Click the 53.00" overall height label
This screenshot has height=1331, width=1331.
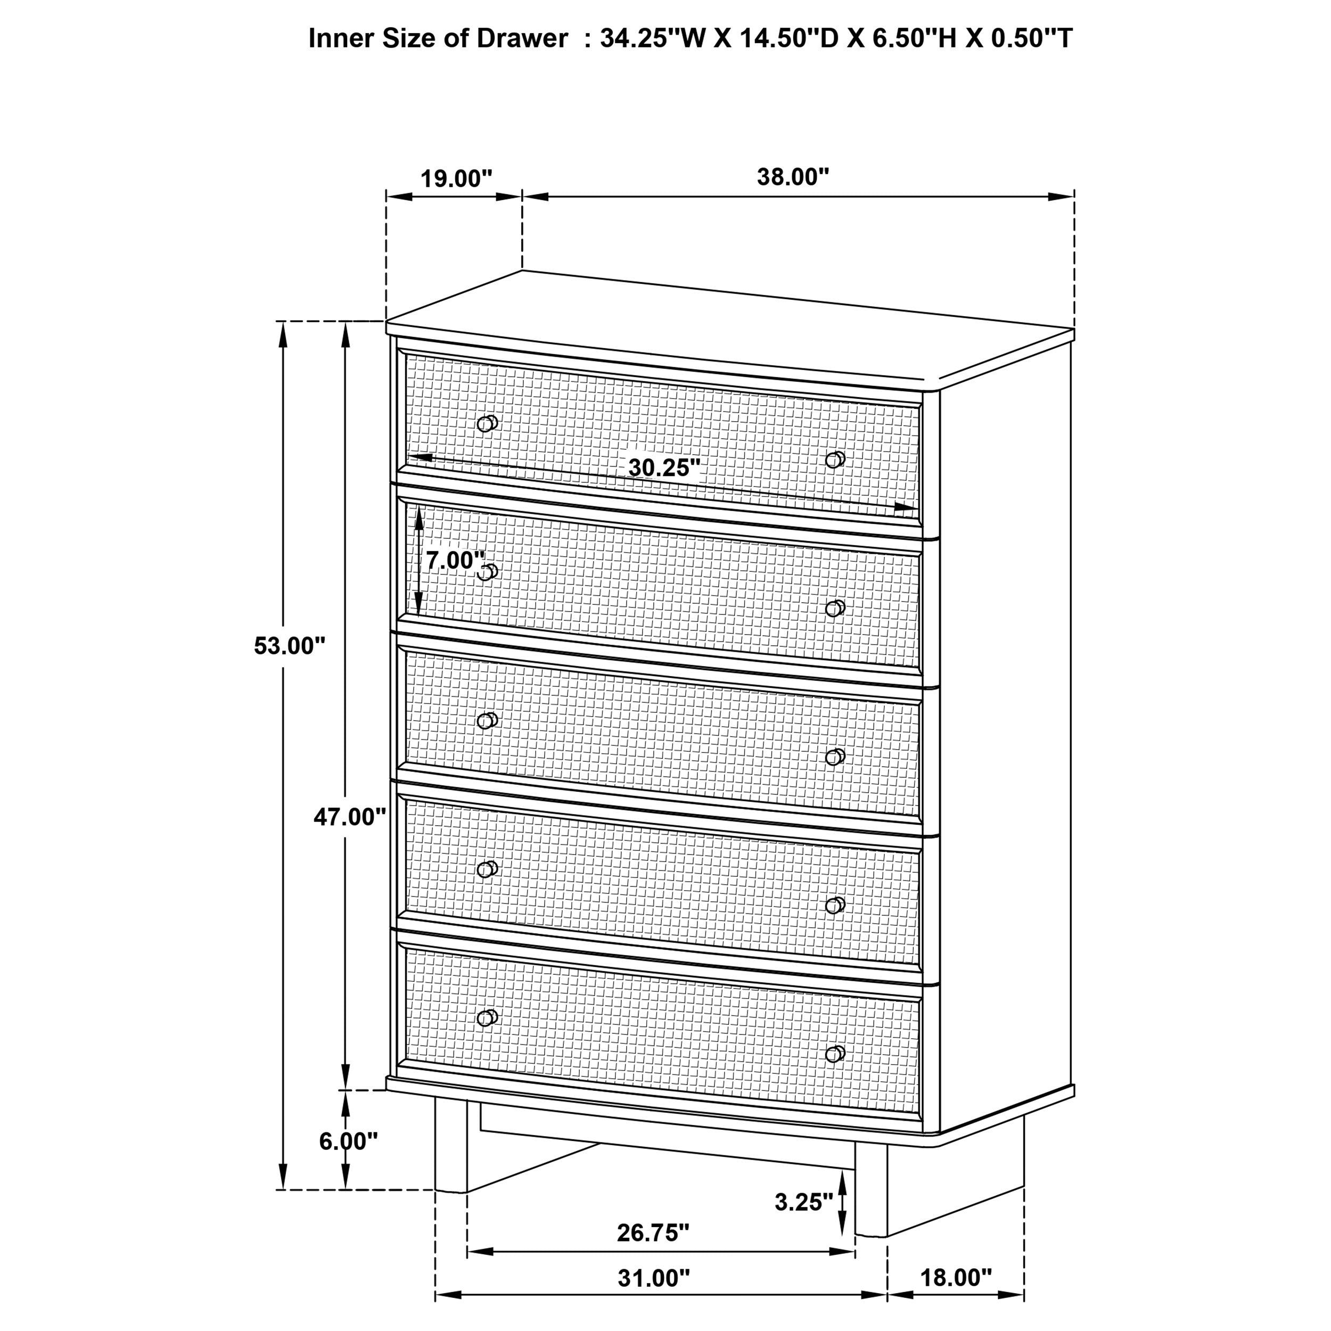(x=289, y=646)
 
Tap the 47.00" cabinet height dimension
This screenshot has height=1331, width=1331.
(x=349, y=817)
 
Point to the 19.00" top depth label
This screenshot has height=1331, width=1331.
(x=456, y=179)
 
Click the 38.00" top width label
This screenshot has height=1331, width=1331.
(x=793, y=177)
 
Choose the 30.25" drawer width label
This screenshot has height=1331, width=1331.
(x=663, y=468)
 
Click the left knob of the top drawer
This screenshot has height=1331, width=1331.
(x=487, y=423)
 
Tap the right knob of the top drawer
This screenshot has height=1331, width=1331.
(x=835, y=459)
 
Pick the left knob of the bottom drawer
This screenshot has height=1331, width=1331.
(x=487, y=1017)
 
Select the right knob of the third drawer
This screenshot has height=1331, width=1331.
(x=835, y=757)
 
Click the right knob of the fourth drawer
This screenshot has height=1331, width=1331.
(x=835, y=905)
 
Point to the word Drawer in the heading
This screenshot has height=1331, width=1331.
(x=522, y=38)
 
